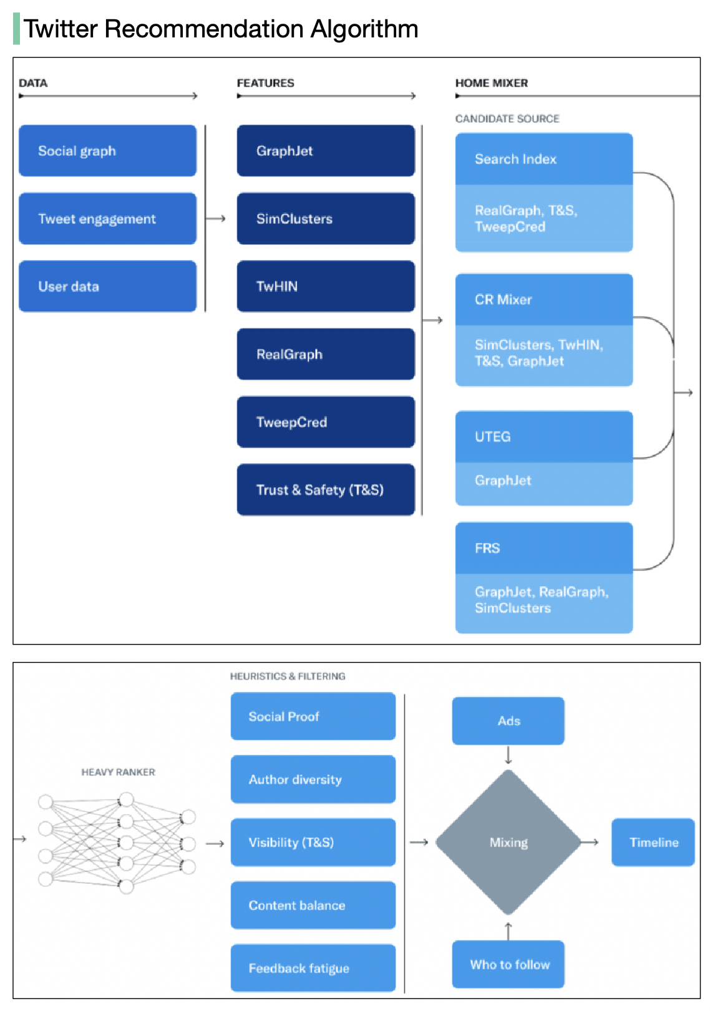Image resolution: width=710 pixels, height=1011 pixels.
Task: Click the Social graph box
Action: (107, 151)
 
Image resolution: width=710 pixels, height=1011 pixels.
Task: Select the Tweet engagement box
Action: (107, 219)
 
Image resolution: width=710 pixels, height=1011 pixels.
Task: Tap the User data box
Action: (107, 287)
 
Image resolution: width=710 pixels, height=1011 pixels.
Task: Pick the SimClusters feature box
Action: (326, 219)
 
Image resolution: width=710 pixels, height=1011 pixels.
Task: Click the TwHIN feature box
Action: (326, 287)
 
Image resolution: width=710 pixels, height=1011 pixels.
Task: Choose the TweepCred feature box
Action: (326, 422)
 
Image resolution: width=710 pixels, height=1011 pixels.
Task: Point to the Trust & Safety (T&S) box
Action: (326, 490)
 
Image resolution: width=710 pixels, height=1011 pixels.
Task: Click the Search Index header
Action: (543, 159)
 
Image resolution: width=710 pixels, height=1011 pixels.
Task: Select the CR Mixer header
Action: (543, 300)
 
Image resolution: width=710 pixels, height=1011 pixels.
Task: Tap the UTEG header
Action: (543, 437)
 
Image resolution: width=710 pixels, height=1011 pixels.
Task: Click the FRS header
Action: (543, 549)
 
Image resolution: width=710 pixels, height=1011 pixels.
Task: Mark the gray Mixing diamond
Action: (508, 842)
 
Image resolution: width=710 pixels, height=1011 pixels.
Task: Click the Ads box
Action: (508, 721)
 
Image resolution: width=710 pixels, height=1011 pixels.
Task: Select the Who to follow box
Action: (508, 964)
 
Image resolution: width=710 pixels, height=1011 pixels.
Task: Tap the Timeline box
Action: (653, 842)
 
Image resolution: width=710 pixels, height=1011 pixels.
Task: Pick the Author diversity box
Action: (313, 780)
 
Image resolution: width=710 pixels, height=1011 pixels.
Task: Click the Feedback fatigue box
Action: (313, 968)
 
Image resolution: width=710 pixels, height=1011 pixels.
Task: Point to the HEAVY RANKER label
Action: (118, 772)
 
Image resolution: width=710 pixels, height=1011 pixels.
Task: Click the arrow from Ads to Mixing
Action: (508, 755)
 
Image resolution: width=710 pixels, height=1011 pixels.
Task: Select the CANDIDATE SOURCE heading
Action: (507, 118)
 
